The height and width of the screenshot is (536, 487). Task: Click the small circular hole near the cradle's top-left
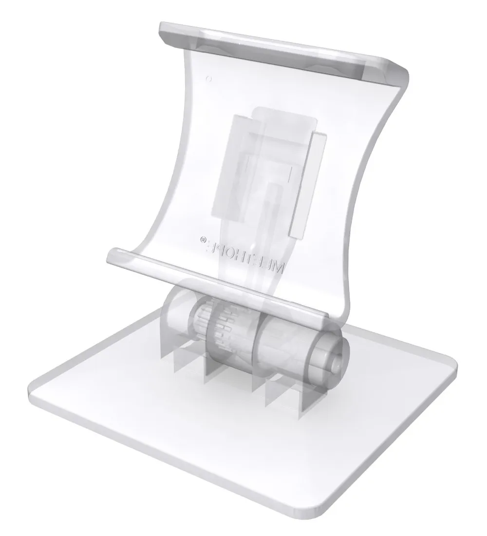pyautogui.click(x=209, y=78)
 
